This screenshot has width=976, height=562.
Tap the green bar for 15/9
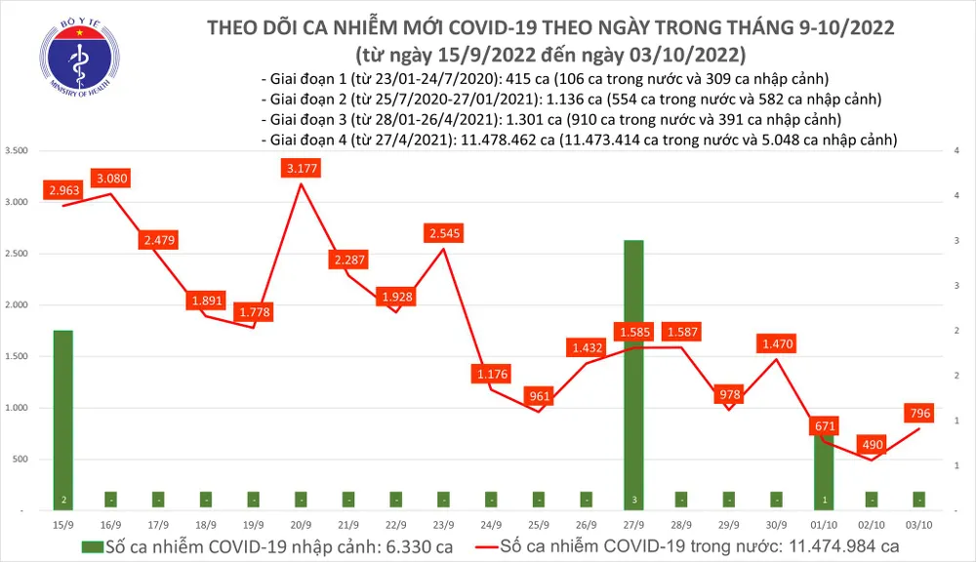click(62, 420)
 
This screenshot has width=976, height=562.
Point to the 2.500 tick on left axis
click(18, 254)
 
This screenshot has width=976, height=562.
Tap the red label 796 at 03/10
click(919, 414)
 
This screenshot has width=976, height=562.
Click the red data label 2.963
click(62, 190)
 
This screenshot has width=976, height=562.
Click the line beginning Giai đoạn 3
click(551, 120)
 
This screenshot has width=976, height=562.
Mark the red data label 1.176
click(491, 374)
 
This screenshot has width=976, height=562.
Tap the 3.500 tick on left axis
click(18, 151)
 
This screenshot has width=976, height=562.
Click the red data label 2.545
click(443, 233)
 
